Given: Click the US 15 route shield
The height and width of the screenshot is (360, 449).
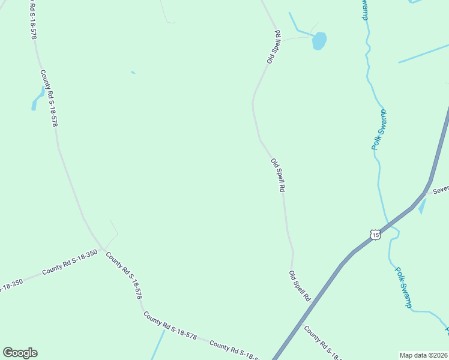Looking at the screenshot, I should point(375,235).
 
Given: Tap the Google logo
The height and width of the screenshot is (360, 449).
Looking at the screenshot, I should point(20,353).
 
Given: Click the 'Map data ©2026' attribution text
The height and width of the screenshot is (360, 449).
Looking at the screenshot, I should point(423,355).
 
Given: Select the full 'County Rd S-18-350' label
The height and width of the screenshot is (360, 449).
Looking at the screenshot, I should point(70,263).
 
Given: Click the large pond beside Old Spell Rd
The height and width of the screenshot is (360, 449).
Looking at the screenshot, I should point(319,41).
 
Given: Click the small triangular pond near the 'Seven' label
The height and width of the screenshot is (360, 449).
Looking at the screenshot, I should point(422,206).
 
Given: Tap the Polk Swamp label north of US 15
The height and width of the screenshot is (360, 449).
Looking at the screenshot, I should point(379,130).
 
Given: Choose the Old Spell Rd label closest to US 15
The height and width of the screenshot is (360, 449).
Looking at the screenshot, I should point(299,286).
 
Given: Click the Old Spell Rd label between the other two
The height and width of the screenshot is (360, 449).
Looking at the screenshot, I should point(277,175).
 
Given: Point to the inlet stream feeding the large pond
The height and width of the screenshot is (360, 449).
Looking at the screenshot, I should point(297,24).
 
